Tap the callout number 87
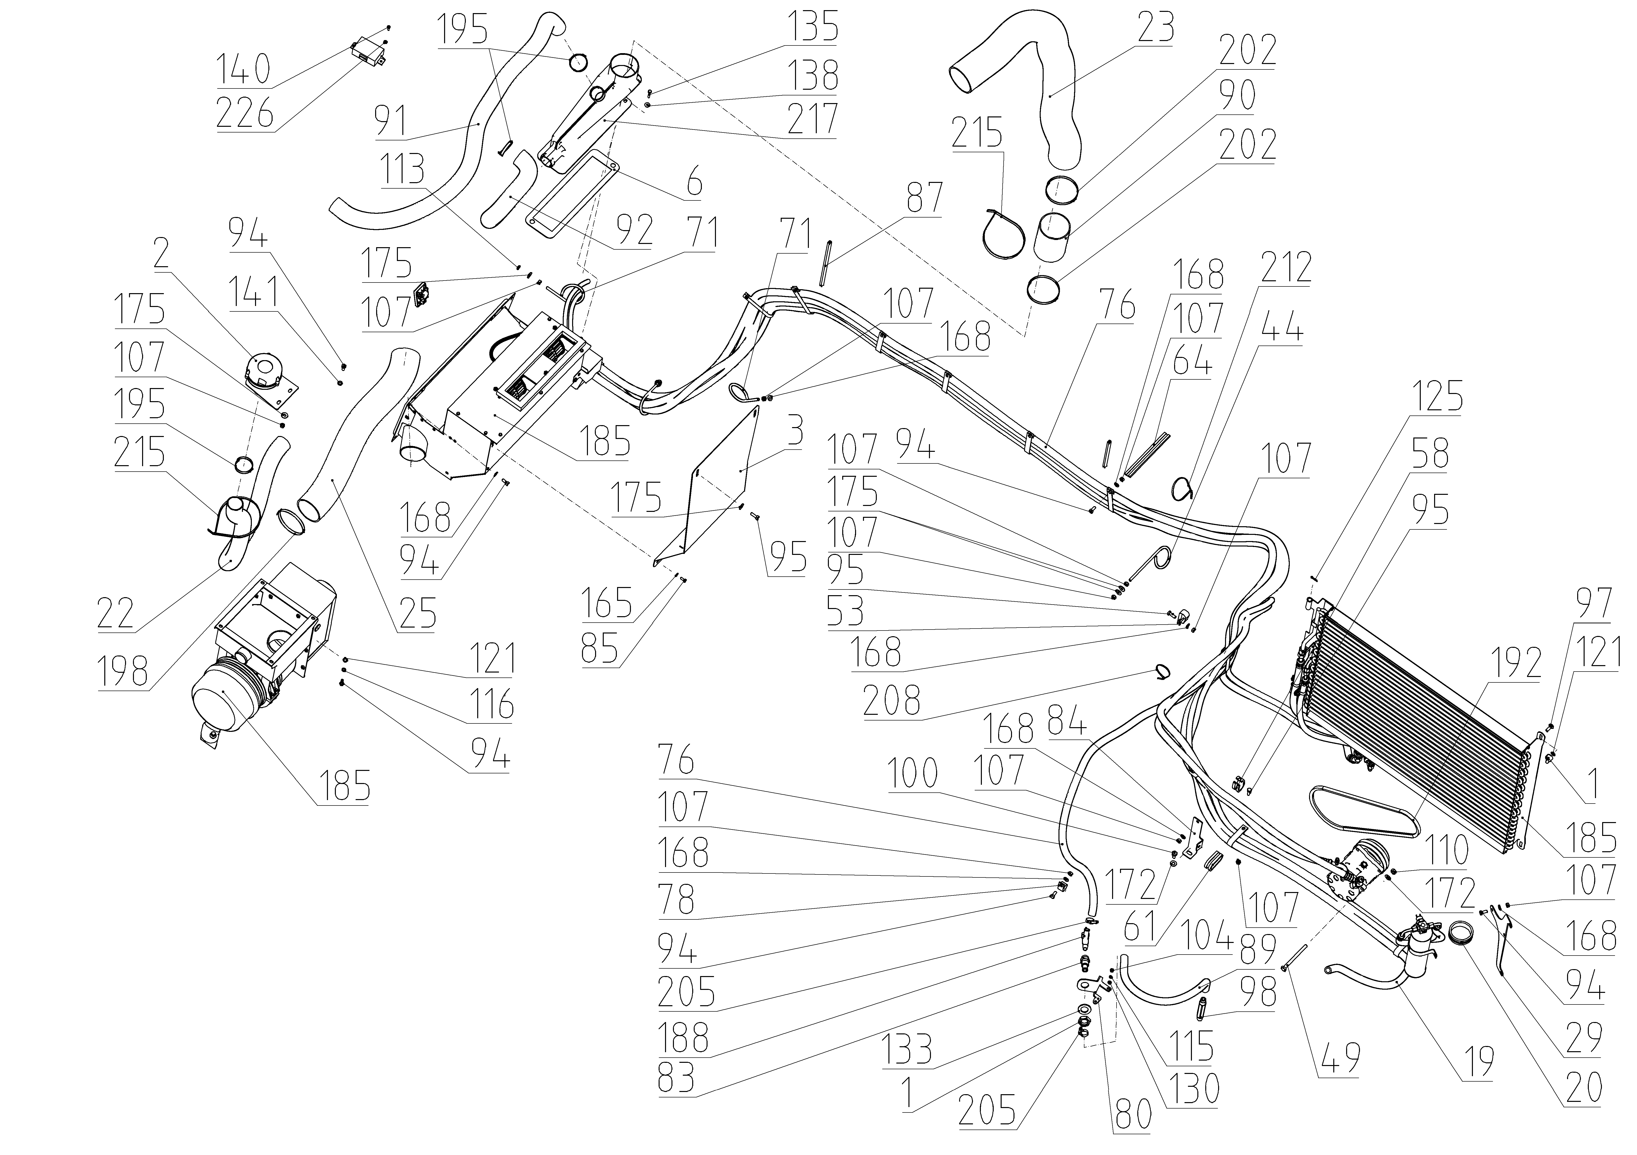pyautogui.click(x=924, y=198)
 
